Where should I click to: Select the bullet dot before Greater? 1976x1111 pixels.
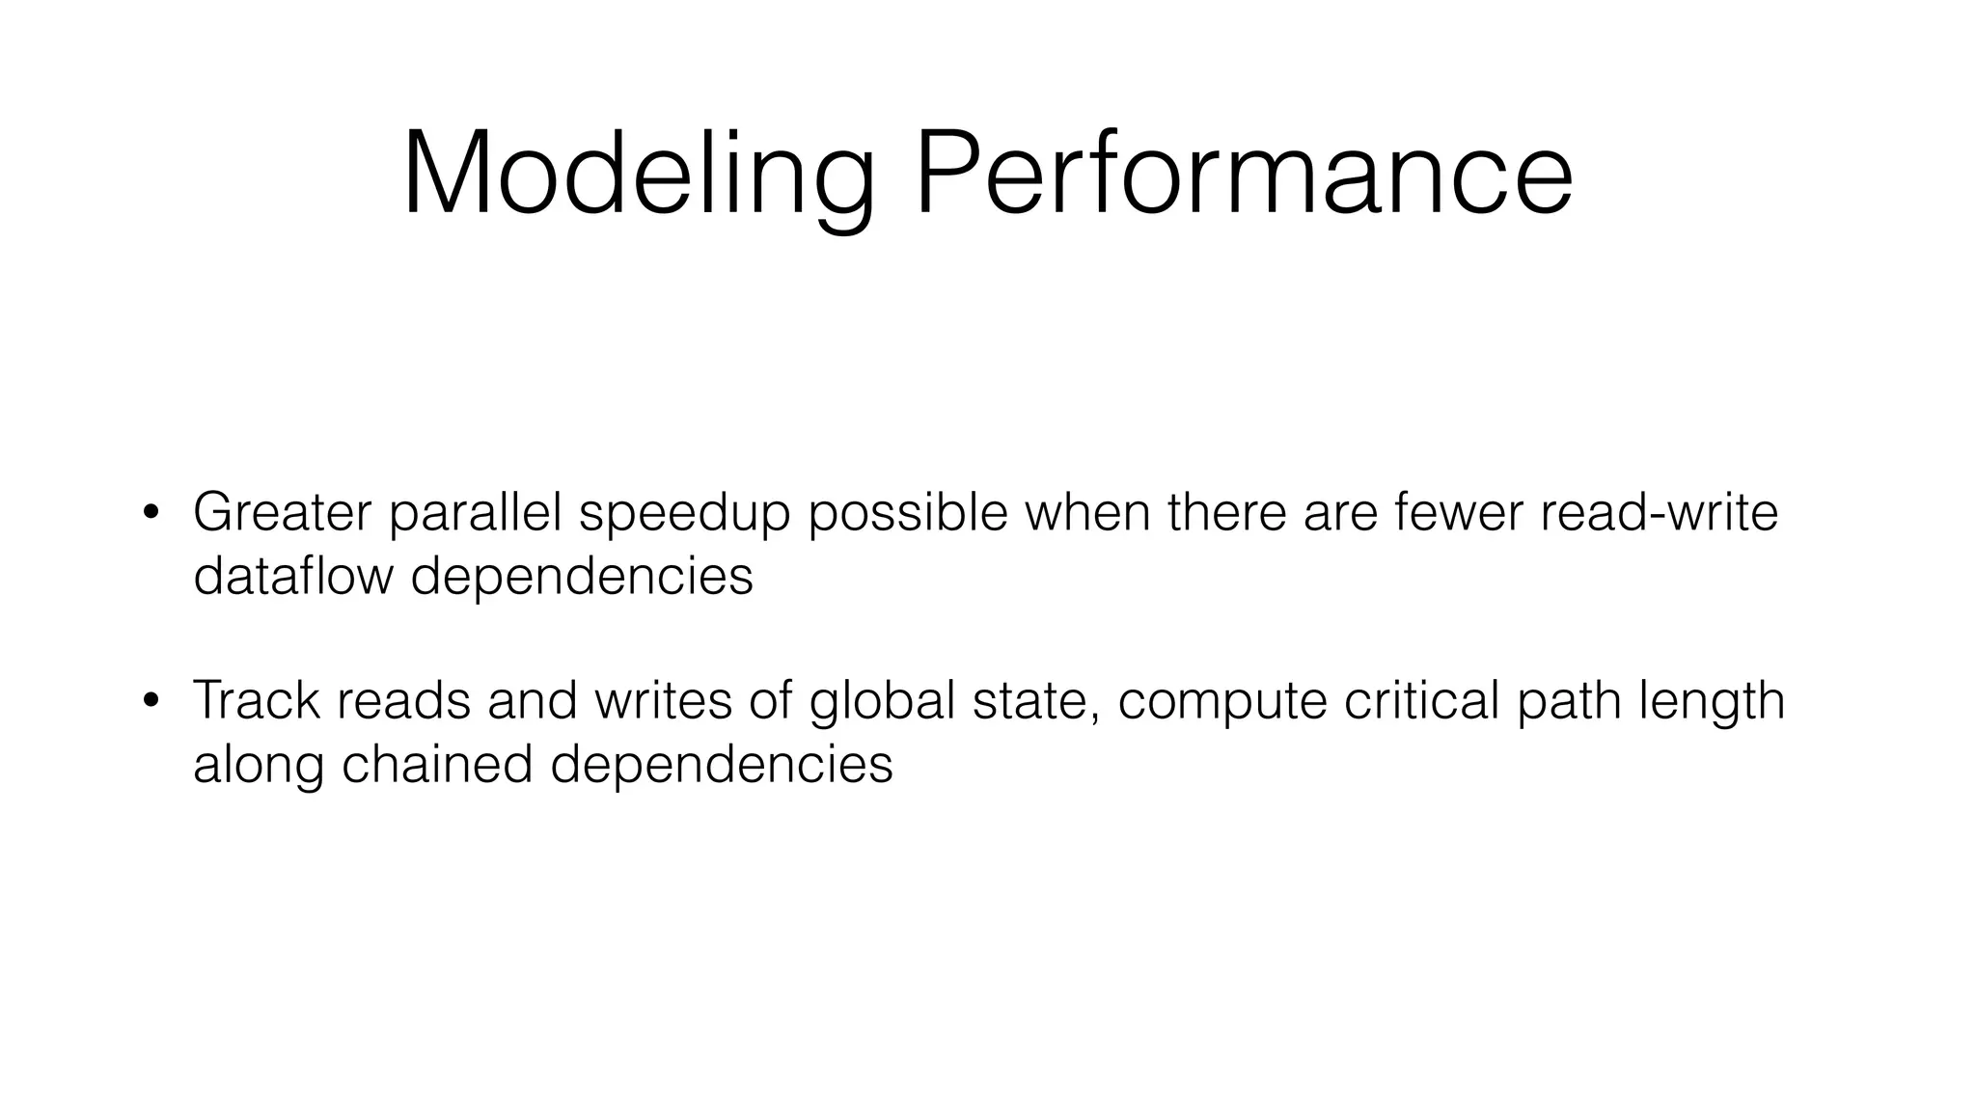151,512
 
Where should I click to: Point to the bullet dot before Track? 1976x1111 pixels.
151,700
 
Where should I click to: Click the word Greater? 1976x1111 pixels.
282,512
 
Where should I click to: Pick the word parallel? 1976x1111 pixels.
475,514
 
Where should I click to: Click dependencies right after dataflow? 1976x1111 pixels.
582,578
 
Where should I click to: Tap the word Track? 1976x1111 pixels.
256,700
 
